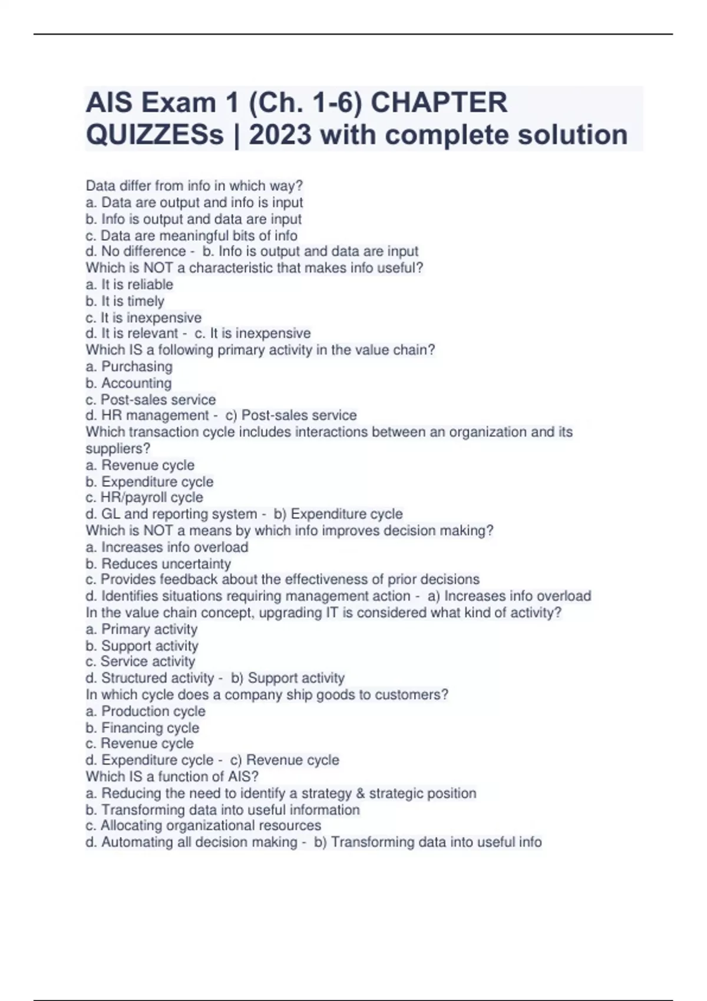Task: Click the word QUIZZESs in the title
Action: tap(154, 135)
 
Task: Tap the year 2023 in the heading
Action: tap(280, 135)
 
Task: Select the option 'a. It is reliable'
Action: tap(130, 284)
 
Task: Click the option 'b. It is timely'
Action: tap(125, 301)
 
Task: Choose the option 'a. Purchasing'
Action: tap(129, 366)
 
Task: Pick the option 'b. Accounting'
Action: tap(128, 383)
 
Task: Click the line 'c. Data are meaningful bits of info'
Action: tap(191, 236)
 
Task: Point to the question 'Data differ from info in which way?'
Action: tap(194, 185)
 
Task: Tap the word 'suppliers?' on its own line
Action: tap(118, 448)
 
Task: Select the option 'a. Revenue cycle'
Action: tap(140, 465)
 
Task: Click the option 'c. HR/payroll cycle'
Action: tap(144, 498)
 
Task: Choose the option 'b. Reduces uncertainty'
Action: tap(158, 564)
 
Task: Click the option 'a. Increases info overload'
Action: tap(167, 547)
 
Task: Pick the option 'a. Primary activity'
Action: tap(141, 629)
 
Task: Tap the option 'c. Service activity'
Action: tap(140, 661)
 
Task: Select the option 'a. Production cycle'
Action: tap(146, 711)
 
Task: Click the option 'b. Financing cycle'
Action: tap(143, 727)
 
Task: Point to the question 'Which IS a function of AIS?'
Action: tap(172, 776)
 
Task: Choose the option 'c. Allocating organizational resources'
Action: tap(203, 825)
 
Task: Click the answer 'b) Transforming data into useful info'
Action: tap(428, 842)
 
